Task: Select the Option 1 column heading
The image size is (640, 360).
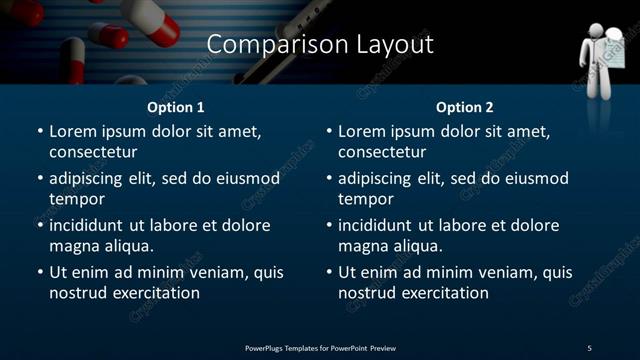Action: click(x=176, y=107)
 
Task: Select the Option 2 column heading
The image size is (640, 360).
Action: click(x=465, y=107)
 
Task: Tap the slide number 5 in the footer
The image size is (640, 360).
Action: click(x=589, y=348)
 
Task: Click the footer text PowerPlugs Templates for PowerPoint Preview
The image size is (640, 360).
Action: click(x=320, y=348)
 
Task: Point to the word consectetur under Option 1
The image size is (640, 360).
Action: click(x=93, y=152)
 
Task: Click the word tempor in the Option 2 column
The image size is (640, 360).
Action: click(x=364, y=199)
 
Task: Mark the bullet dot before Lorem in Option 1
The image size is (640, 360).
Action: click(x=40, y=132)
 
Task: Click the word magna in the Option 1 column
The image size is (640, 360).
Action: click(x=71, y=246)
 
